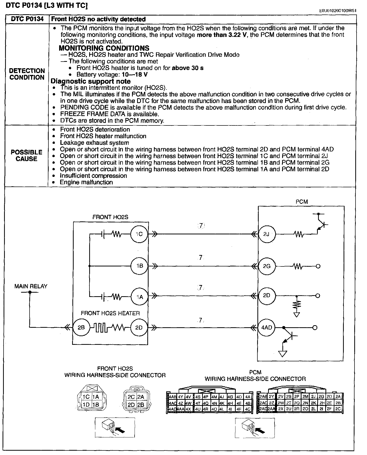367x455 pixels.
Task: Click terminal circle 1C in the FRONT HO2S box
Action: point(139,234)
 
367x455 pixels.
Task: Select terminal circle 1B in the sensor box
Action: point(139,266)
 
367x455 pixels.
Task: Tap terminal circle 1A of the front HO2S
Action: point(139,296)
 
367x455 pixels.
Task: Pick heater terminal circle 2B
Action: point(81,328)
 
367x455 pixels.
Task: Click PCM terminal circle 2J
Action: point(267,234)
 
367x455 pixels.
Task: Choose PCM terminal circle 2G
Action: point(267,266)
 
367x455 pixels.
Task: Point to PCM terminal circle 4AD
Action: point(267,328)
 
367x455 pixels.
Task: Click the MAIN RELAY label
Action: point(31,286)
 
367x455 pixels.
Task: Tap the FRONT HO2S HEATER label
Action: point(110,313)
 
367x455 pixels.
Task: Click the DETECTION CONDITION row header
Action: point(27,74)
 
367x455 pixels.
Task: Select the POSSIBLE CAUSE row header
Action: point(27,155)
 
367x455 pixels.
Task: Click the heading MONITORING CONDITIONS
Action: point(104,48)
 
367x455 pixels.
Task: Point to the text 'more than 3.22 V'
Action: point(222,35)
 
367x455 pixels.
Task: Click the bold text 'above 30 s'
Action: point(188,68)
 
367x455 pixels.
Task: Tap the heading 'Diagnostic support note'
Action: point(91,81)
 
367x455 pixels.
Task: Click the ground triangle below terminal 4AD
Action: point(282,354)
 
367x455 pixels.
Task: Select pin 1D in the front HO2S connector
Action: point(86,405)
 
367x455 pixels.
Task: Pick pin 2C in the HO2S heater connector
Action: point(131,397)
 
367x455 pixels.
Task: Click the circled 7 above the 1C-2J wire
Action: point(201,225)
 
